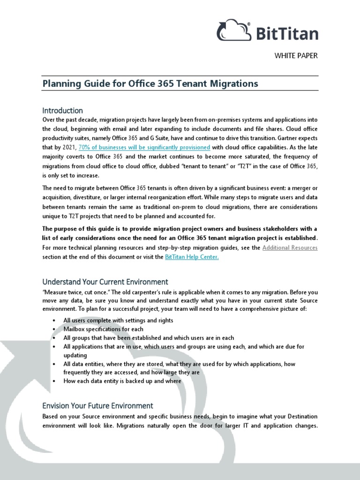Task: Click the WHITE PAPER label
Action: (296, 56)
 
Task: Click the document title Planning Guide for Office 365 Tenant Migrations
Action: (150, 83)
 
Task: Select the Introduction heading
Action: (62, 111)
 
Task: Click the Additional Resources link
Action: (290, 247)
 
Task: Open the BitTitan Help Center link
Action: (192, 257)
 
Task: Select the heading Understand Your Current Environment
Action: (105, 282)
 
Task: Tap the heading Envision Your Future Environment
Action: (97, 405)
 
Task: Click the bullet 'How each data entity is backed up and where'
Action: (122, 381)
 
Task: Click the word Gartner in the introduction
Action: (288, 138)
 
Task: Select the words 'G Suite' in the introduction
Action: (180, 138)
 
